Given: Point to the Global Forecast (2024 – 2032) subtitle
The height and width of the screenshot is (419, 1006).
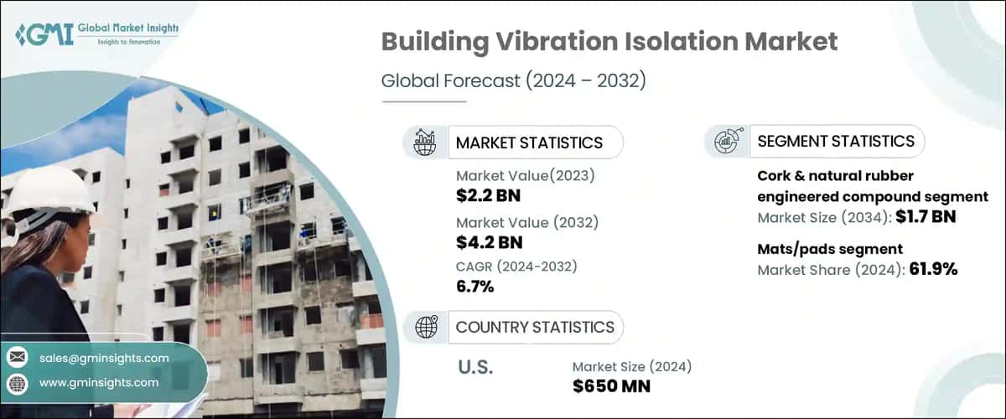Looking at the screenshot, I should click(x=513, y=81).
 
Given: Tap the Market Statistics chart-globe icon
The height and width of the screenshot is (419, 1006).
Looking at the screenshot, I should click(x=425, y=142).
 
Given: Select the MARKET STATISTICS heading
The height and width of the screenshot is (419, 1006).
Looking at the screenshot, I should click(x=529, y=142).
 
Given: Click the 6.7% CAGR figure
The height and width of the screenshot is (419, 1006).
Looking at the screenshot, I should click(x=474, y=287).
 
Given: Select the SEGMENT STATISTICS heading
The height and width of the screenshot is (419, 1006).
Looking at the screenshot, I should click(x=836, y=141).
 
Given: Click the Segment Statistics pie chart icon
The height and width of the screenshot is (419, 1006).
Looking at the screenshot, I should click(x=726, y=141).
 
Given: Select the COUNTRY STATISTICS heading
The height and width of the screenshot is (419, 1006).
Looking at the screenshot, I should click(x=535, y=327).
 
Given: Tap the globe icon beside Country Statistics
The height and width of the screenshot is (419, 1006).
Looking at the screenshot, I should click(x=425, y=326).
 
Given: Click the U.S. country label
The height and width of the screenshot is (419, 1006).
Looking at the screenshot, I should click(x=475, y=366).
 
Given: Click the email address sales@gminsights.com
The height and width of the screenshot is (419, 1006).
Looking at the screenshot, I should click(x=104, y=358).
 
